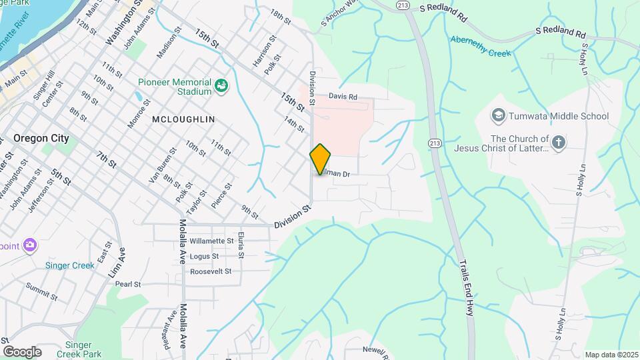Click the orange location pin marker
pos(320,159)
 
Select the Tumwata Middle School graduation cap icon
pos(498,116)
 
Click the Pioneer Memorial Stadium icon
pos(221,86)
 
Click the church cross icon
pos(559,141)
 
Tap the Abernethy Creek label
pos(480,39)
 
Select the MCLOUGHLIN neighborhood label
pos(183,119)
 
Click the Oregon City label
pos(41,139)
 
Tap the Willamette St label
pos(212,241)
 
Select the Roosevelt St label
pos(211,271)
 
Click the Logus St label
pos(204,256)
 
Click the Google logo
pos(22,351)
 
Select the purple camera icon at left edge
pos(29,245)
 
